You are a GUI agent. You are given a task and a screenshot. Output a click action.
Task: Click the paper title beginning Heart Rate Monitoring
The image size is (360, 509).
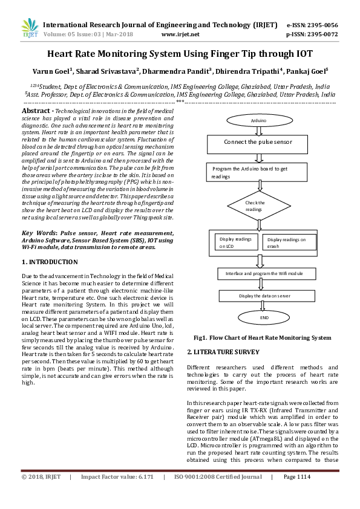(x=180, y=53)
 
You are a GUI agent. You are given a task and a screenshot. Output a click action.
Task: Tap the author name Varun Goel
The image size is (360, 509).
(x=53, y=71)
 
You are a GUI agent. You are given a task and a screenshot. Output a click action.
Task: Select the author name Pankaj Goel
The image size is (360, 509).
(x=307, y=71)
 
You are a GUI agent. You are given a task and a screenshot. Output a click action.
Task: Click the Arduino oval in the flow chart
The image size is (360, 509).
(x=258, y=121)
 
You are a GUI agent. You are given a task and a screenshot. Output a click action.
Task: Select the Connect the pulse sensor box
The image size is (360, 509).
(x=258, y=143)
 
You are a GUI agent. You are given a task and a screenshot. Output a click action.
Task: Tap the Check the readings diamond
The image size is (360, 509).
(x=255, y=206)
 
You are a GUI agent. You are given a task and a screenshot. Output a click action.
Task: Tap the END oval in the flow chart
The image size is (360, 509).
(x=264, y=318)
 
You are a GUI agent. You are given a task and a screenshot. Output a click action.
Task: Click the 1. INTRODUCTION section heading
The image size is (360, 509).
(x=50, y=262)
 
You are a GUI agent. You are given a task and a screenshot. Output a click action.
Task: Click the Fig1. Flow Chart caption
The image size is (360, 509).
(x=262, y=339)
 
